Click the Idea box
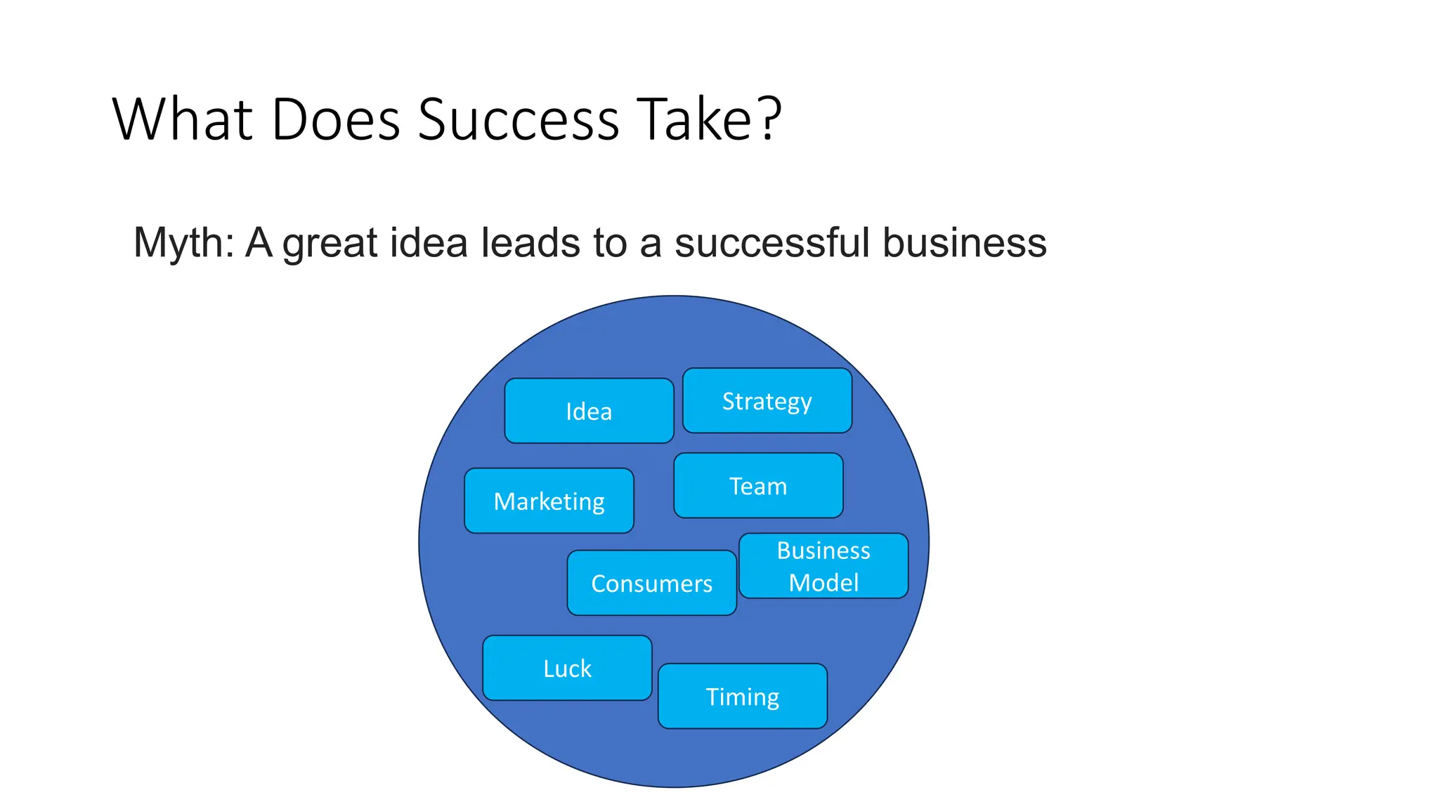[589, 411]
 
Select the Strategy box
[767, 401]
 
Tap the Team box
[758, 486]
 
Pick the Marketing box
[549, 501]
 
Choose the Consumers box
[651, 584]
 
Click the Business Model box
[823, 566]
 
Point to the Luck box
[567, 669]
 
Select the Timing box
[742, 697]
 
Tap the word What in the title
[182, 119]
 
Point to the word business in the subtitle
[964, 243]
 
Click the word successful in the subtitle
[772, 243]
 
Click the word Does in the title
[336, 119]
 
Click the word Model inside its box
[823, 583]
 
